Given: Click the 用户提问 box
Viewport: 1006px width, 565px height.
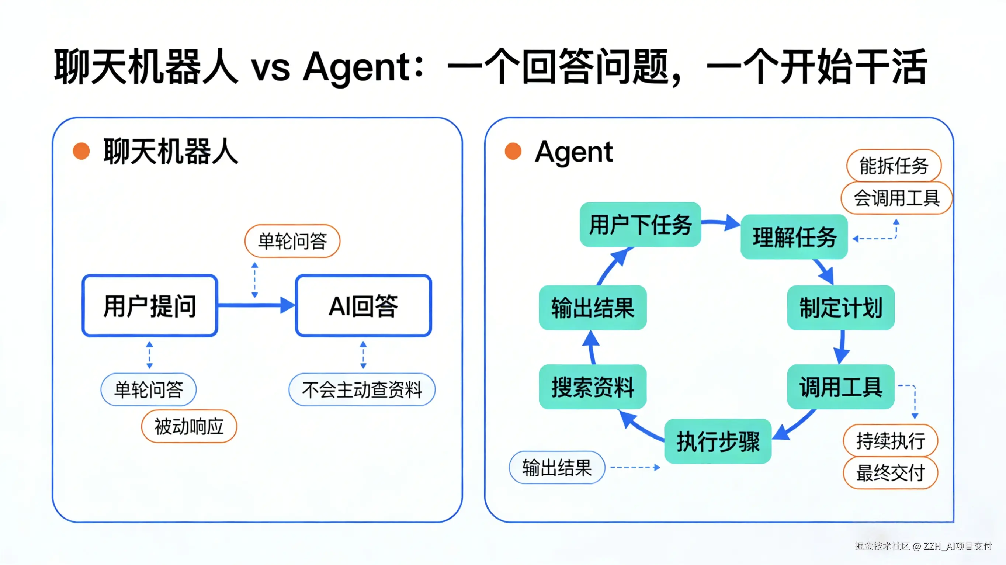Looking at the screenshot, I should (x=150, y=306).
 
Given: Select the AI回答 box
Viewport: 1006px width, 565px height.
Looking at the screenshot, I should (x=363, y=306).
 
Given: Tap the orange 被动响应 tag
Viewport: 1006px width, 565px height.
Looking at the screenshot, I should (x=189, y=426).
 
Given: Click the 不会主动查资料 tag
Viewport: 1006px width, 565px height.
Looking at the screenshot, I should (x=362, y=390).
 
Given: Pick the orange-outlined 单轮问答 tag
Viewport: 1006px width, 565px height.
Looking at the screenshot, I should (x=292, y=241).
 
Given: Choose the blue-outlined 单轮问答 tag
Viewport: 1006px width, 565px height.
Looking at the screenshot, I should (x=148, y=390).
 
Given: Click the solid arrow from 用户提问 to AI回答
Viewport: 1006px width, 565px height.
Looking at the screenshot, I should (x=256, y=305).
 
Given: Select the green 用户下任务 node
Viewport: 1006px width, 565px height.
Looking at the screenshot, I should (x=640, y=225).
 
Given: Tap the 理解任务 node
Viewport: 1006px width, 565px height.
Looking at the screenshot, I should (x=794, y=237).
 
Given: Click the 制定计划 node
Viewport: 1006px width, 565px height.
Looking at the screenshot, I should (x=840, y=308).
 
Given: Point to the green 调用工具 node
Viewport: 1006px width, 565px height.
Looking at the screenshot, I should (x=840, y=387).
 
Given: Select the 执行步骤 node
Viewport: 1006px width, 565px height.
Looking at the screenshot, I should (x=718, y=441).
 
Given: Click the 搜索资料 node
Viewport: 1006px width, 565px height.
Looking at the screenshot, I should (x=593, y=387).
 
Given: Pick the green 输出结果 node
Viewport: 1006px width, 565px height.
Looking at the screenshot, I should (x=593, y=308).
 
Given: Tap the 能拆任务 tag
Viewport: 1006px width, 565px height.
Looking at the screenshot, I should (x=894, y=166).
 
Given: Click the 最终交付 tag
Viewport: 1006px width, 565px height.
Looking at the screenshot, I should (x=891, y=473).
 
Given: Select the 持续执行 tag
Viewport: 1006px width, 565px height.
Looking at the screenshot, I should (x=891, y=441).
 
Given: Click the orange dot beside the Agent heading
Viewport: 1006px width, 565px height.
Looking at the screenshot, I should (x=513, y=152).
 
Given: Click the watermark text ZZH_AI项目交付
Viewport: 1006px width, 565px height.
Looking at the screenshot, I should (x=957, y=546).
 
